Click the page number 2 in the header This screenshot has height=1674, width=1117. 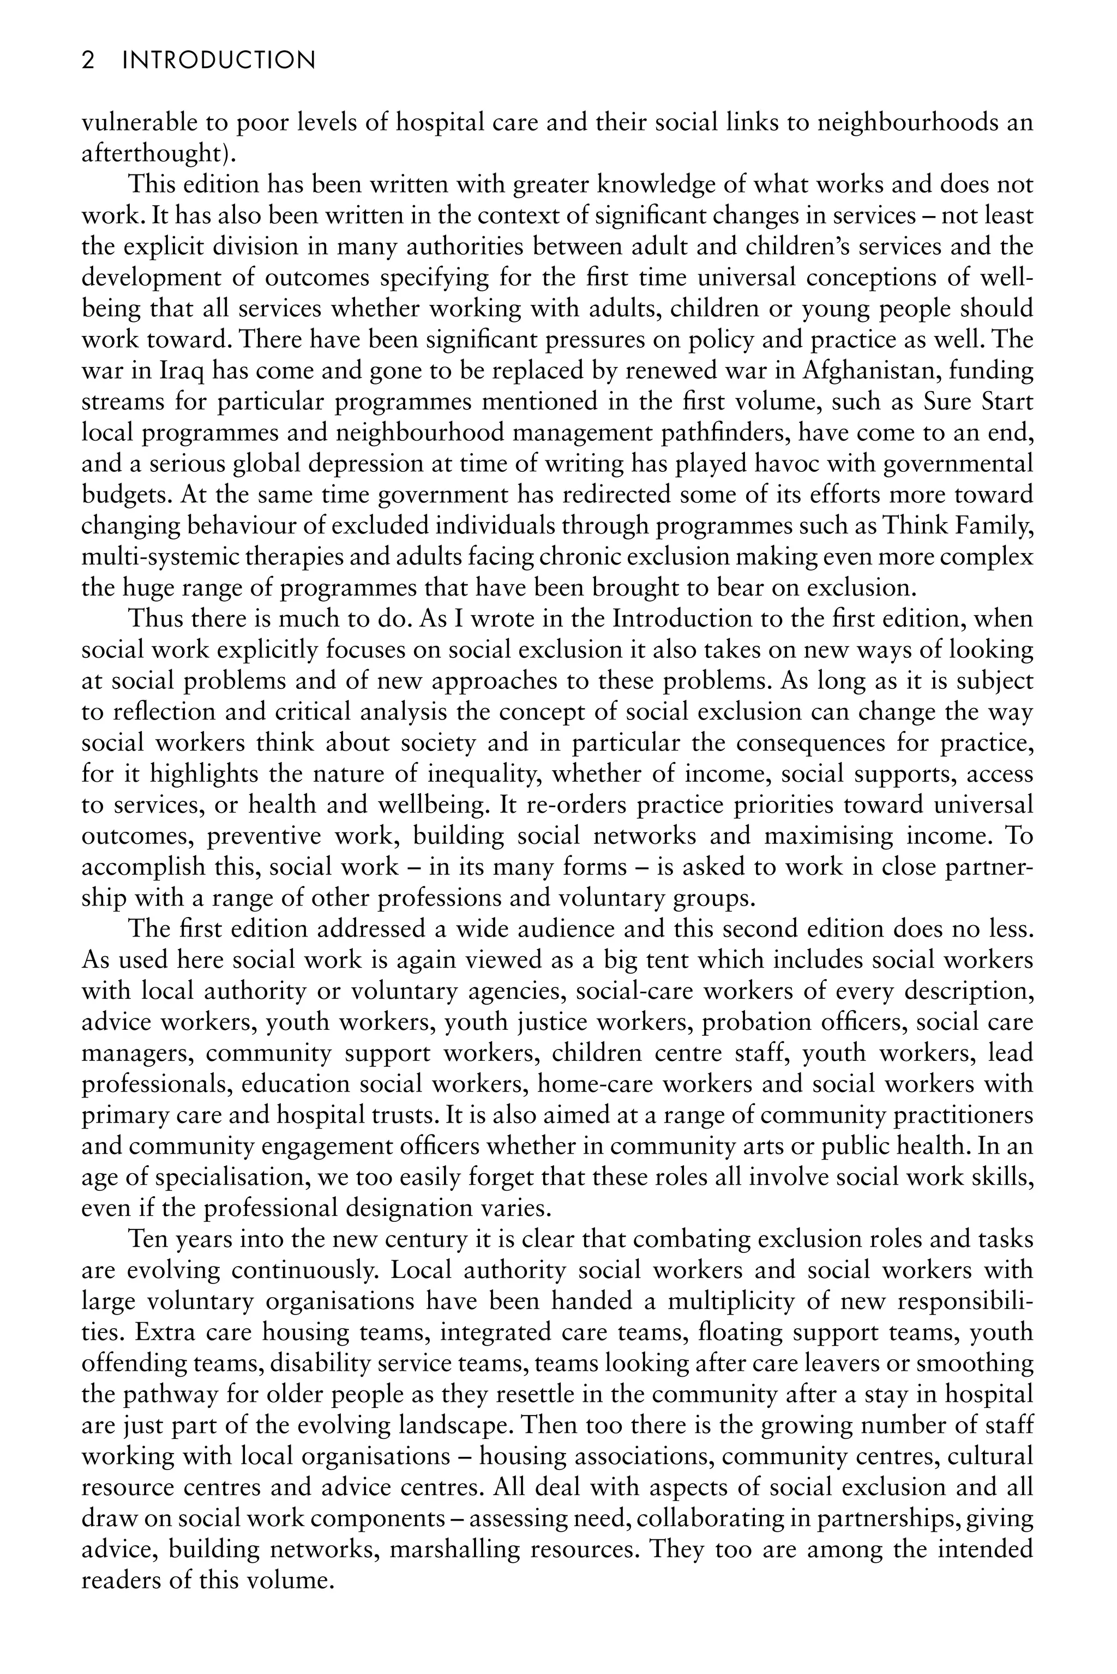pos(88,61)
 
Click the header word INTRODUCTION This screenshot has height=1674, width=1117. pos(219,61)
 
